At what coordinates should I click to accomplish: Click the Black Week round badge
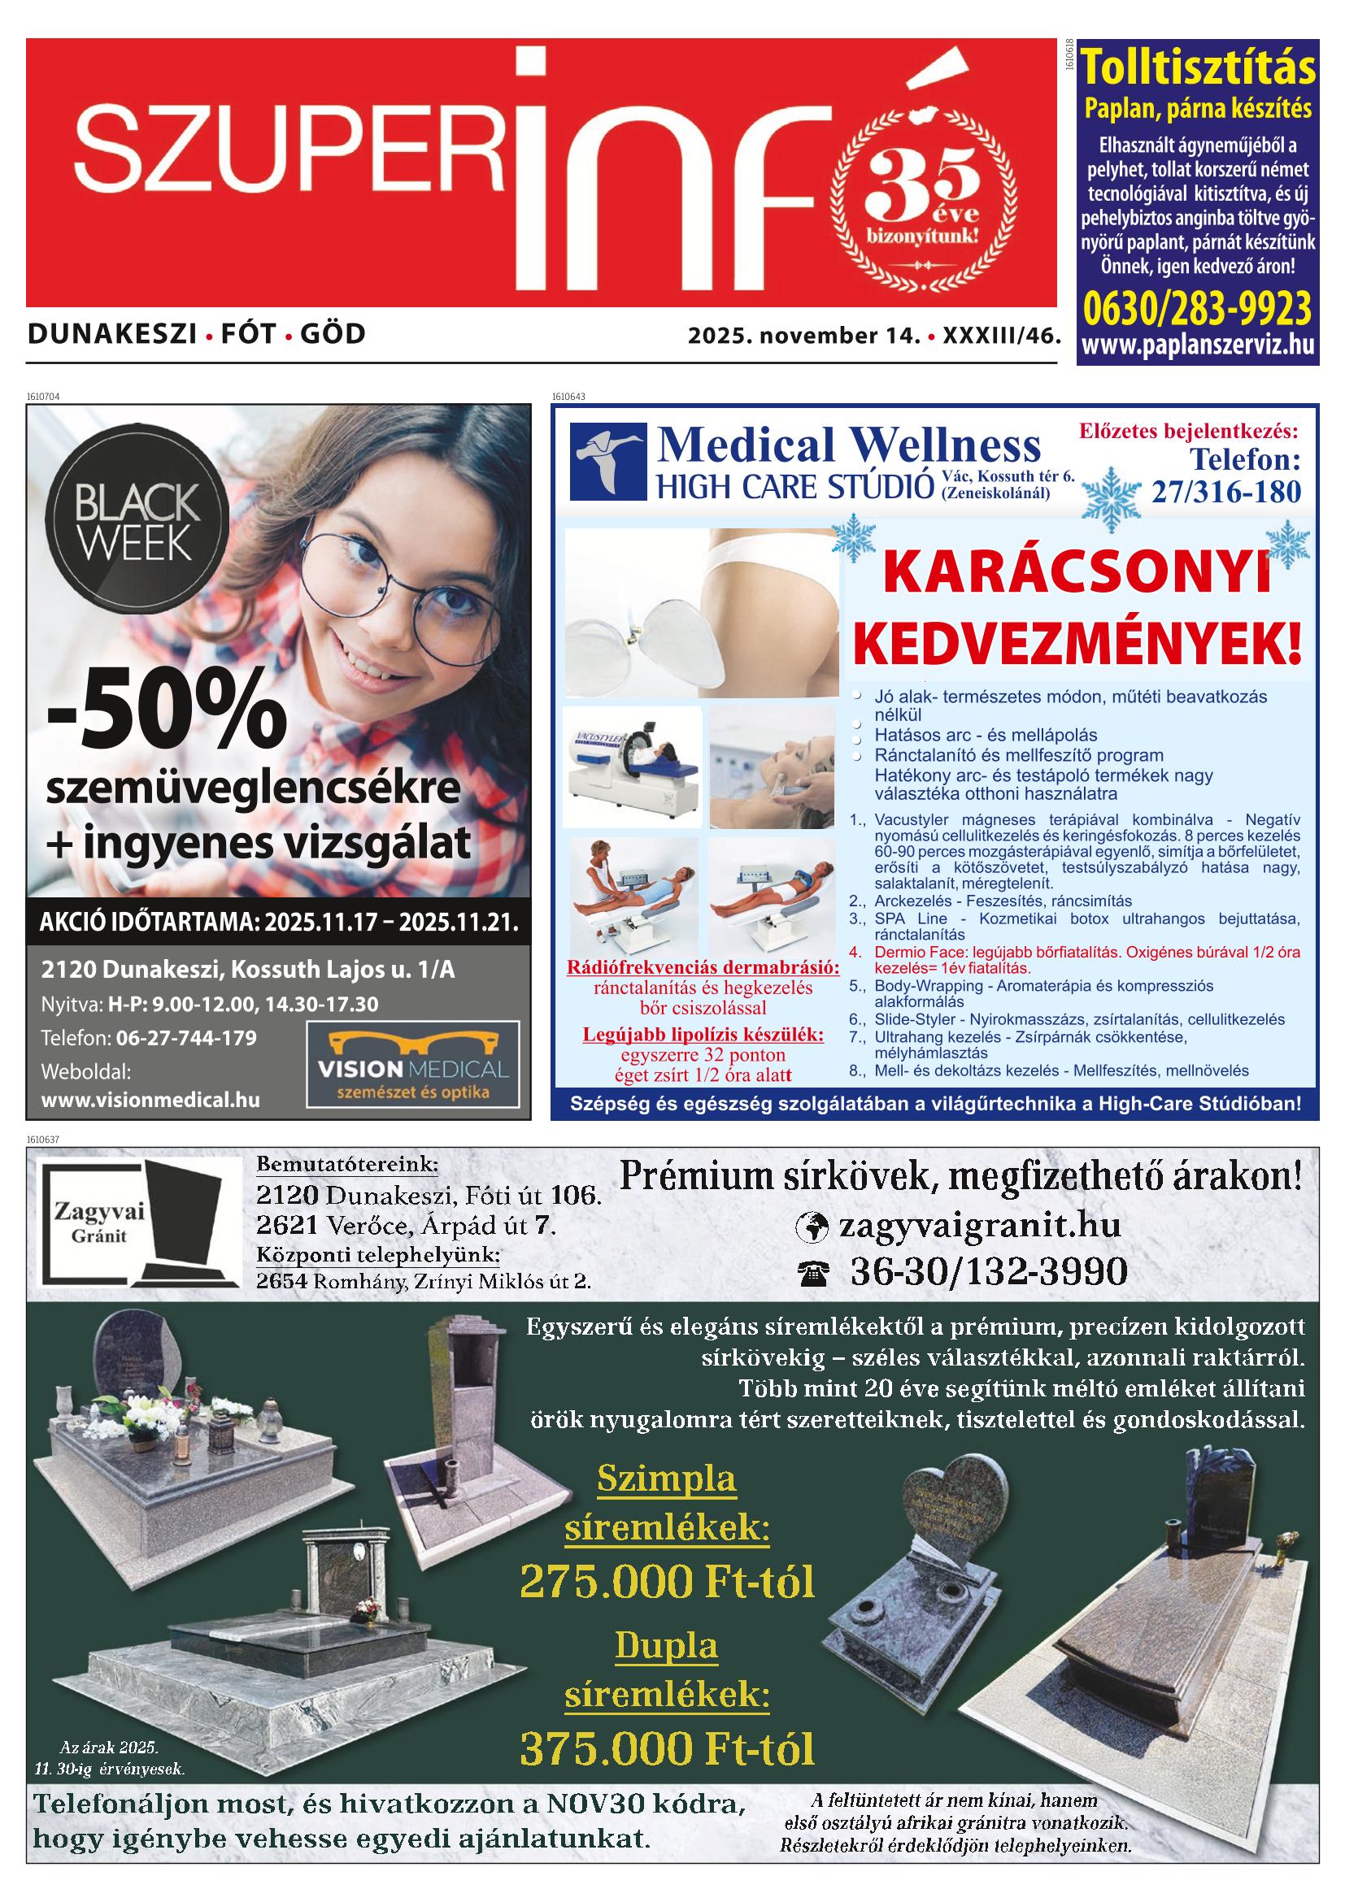tap(135, 522)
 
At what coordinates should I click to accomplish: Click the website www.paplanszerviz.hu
tap(1198, 345)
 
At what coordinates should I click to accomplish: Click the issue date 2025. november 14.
tap(803, 336)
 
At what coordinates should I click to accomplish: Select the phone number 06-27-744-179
tap(186, 1038)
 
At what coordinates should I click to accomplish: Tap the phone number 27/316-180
tap(1225, 492)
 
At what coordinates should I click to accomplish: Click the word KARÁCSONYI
tap(1077, 572)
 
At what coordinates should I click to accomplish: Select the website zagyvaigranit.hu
tap(979, 1226)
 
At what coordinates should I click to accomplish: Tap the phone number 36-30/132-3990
tap(988, 1271)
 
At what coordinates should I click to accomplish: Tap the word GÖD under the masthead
tap(333, 334)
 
